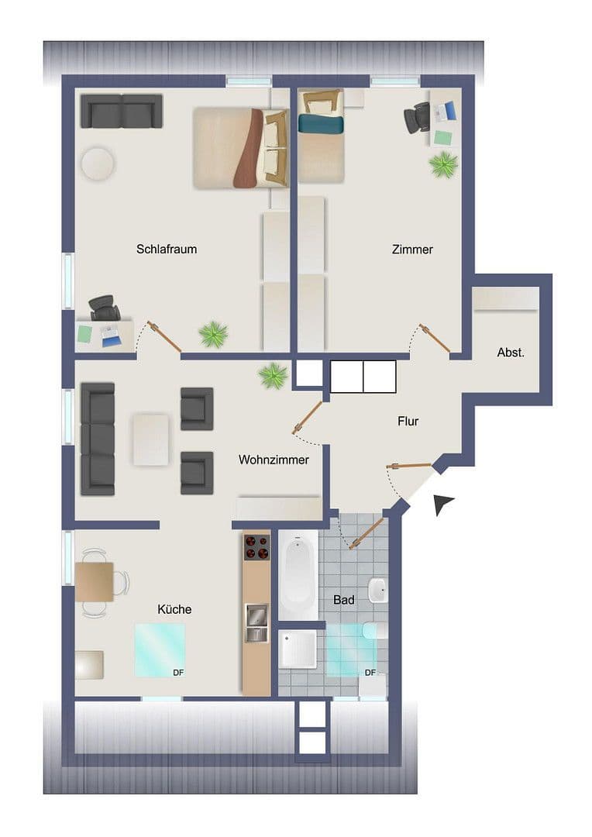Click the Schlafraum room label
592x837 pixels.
pos(167,250)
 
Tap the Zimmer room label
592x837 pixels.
pos(412,250)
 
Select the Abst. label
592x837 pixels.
pos(511,353)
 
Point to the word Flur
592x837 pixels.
pos(408,422)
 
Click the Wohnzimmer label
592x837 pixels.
pos(274,460)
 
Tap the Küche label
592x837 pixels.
pos(174,609)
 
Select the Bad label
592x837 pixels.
pos(344,600)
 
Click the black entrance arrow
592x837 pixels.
pos(442,504)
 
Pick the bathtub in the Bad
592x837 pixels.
pos(298,573)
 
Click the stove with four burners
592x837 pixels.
pos(257,549)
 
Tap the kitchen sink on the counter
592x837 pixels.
pos(256,623)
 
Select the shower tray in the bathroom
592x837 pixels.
pos(298,649)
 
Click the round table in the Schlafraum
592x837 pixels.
pos(98,164)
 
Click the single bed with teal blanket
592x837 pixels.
pos(322,136)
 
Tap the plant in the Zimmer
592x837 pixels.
pos(443,164)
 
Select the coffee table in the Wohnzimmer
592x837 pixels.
pos(151,439)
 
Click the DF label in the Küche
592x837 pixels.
pos(178,672)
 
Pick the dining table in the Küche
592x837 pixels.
pos(95,581)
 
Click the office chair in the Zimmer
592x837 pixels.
pos(417,118)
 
